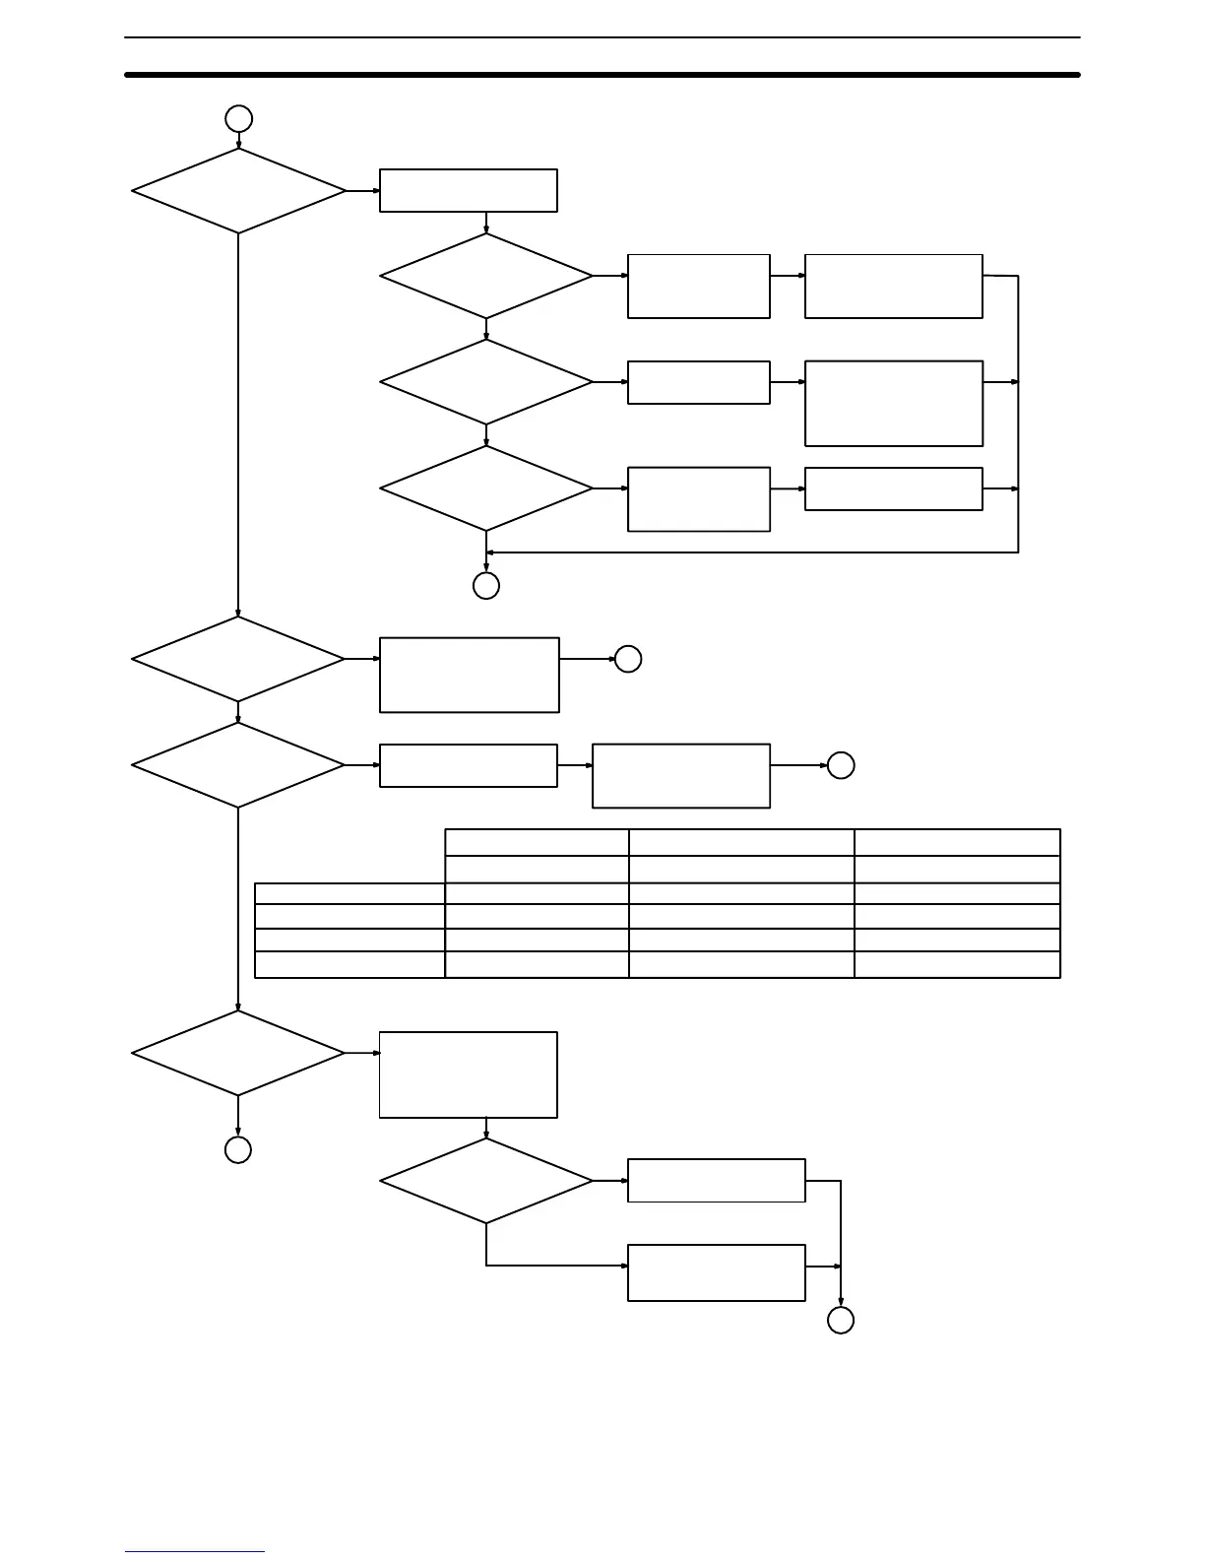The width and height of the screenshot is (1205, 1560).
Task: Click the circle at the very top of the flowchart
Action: (x=238, y=119)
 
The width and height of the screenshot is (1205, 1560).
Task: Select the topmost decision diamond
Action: (x=238, y=191)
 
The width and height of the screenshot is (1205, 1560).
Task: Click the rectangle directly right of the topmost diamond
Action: (x=469, y=190)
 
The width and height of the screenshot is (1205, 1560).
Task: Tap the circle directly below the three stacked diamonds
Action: (x=486, y=586)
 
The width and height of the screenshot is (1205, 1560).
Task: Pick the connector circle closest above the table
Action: (x=841, y=765)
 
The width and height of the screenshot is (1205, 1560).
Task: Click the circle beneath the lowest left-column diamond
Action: (x=238, y=1149)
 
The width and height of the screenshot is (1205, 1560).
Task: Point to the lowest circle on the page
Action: (x=841, y=1321)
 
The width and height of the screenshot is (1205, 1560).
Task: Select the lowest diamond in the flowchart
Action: (x=486, y=1181)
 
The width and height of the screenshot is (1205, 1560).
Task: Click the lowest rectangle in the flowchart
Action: (x=717, y=1272)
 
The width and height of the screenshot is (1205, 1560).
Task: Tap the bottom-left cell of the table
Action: (x=349, y=964)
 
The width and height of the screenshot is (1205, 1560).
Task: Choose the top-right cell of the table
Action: (x=957, y=842)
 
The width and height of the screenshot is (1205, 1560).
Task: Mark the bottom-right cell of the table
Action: (x=957, y=964)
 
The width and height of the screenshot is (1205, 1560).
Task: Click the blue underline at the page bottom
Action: (x=195, y=1552)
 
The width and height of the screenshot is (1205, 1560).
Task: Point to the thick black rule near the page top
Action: (x=602, y=75)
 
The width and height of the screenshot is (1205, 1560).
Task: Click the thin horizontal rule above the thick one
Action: (x=602, y=38)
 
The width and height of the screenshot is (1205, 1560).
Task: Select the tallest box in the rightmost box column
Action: (x=894, y=404)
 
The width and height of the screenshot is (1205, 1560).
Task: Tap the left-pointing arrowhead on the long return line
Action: (x=490, y=552)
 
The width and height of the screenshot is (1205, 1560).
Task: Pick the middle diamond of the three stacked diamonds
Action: (x=486, y=382)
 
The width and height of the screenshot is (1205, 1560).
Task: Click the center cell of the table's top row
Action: (x=741, y=842)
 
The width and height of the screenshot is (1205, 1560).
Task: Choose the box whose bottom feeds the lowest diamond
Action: (x=469, y=1074)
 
